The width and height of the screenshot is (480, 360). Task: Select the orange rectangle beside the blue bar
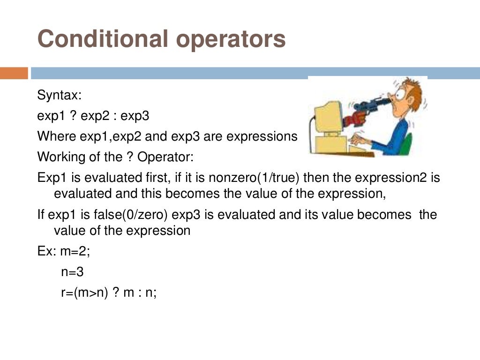(14, 73)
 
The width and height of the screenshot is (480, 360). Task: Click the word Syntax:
(60, 96)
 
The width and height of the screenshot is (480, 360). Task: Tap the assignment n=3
(72, 272)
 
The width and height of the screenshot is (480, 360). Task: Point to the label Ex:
(47, 251)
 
